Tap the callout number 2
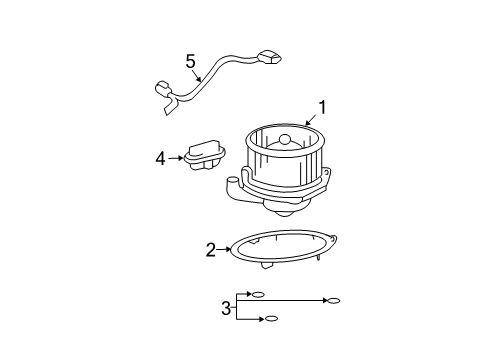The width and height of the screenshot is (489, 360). pyautogui.click(x=211, y=250)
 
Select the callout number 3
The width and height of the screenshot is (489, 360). pyautogui.click(x=226, y=307)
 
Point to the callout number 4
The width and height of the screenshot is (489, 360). pyautogui.click(x=159, y=157)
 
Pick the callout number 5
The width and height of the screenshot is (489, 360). pyautogui.click(x=190, y=61)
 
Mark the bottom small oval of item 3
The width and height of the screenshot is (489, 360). pyautogui.click(x=270, y=318)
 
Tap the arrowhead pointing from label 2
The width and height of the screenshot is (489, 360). pyautogui.click(x=232, y=250)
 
